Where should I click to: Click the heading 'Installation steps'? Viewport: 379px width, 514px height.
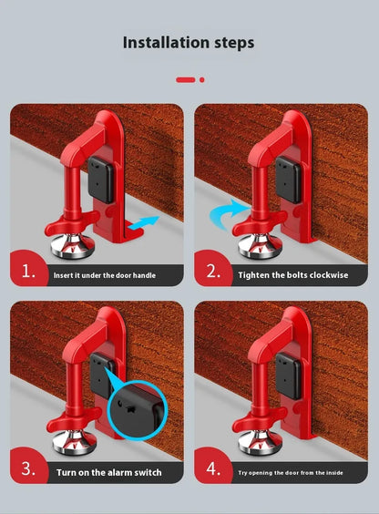pyautogui.click(x=189, y=43)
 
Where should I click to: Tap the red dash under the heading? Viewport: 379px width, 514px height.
pyautogui.click(x=186, y=79)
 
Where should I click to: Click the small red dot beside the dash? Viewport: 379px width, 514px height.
pyautogui.click(x=202, y=79)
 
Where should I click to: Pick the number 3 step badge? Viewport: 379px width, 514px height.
pyautogui.click(x=29, y=468)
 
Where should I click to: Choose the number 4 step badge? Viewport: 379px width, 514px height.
pyautogui.click(x=213, y=468)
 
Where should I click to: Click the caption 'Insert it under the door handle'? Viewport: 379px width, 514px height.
pyautogui.click(x=108, y=274)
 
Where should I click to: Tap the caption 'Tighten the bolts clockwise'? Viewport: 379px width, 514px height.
pyautogui.click(x=293, y=274)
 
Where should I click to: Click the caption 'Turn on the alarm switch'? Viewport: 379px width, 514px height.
pyautogui.click(x=108, y=472)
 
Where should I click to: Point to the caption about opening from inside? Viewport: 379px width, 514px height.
pyautogui.click(x=293, y=472)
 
